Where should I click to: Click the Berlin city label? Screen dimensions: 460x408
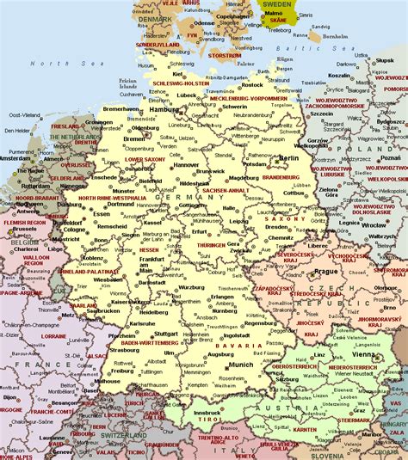(x=288, y=158)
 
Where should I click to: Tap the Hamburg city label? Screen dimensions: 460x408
(x=163, y=110)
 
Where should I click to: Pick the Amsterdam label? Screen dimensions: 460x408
(x=15, y=158)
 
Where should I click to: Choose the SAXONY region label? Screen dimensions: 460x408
(x=287, y=219)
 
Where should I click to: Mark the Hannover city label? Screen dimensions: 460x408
(x=186, y=164)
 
